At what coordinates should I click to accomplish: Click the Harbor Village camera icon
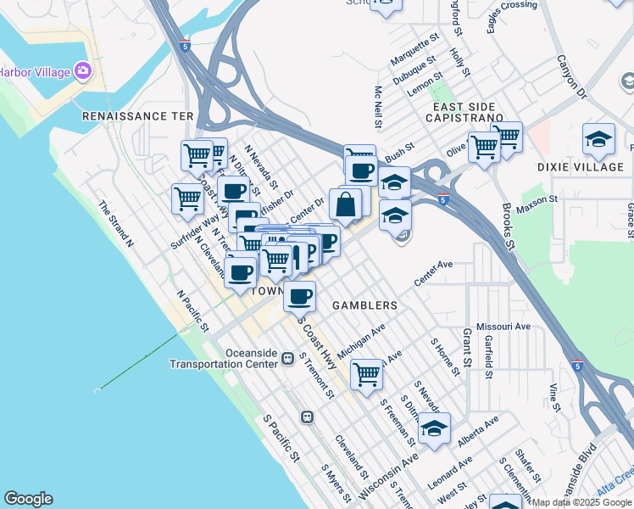[83, 70]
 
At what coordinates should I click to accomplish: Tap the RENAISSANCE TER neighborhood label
[138, 116]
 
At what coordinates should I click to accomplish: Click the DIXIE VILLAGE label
[581, 167]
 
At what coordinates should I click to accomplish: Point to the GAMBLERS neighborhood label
[364, 305]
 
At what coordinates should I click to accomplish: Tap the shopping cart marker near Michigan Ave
[366, 372]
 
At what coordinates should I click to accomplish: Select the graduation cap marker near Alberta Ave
[434, 429]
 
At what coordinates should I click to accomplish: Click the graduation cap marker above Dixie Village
[598, 140]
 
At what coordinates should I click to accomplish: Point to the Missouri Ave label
[503, 326]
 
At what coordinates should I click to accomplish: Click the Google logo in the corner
[28, 499]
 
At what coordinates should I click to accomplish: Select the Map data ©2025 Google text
[581, 502]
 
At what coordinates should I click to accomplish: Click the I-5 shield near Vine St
[576, 366]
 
